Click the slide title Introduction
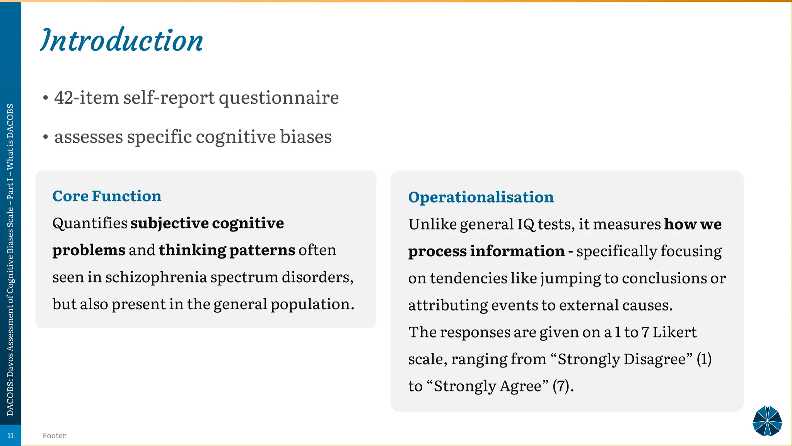pos(122,40)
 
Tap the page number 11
pos(10,436)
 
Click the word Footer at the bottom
pos(54,436)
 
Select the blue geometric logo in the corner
pos(767,421)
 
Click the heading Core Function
pos(107,196)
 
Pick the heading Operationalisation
pos(481,197)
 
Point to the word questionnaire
pos(278,97)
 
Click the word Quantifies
pos(90,223)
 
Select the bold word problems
pos(89,250)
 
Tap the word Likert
pos(674,332)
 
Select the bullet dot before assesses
pos(46,137)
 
